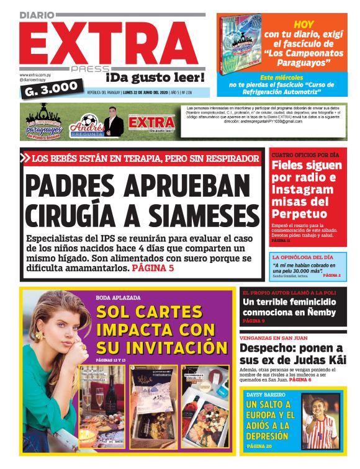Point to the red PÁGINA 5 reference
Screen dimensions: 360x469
(153, 269)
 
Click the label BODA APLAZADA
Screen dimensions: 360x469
(118, 297)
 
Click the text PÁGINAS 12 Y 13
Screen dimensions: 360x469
(110, 360)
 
